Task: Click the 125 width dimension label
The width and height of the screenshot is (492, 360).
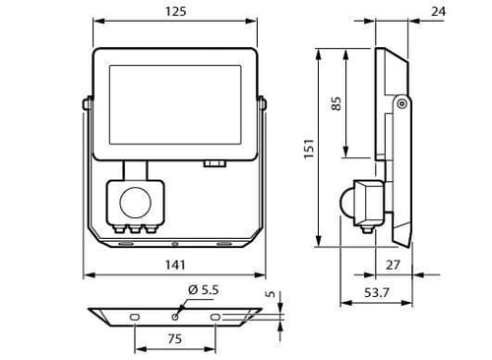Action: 175,12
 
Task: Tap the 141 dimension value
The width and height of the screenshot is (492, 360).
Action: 175,265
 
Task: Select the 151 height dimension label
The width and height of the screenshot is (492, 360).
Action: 309,150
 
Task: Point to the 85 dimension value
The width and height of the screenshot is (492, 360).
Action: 337,103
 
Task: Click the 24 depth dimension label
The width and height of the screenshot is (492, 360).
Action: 439,12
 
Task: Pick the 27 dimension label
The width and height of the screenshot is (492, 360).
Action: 393,265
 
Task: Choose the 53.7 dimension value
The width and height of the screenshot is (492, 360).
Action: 377,292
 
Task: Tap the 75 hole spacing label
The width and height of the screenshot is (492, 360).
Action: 174,338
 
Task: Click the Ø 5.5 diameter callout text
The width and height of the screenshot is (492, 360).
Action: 204,290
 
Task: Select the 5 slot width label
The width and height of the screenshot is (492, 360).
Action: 271,294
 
